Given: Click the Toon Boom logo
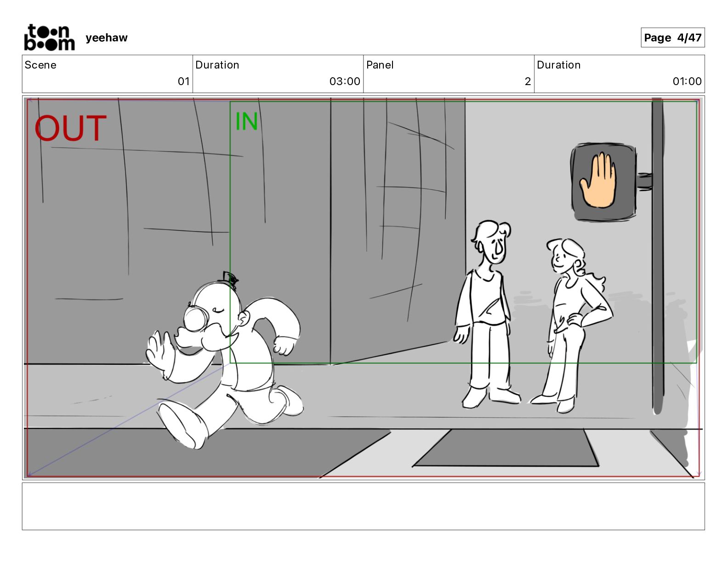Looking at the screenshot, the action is (49, 37).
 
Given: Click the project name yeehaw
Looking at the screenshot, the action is (107, 38).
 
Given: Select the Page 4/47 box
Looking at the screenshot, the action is (672, 38).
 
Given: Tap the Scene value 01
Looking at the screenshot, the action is (183, 81).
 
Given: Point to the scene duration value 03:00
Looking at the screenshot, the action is (345, 81).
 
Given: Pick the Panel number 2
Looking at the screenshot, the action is (528, 81).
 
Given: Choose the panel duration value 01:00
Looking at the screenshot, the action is (687, 81).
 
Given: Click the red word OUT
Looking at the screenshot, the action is (70, 128).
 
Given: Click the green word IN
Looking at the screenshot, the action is (247, 121).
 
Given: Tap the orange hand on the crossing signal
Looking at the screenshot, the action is (598, 180).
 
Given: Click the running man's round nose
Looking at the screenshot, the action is (195, 319).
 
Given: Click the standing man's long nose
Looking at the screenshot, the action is (499, 248).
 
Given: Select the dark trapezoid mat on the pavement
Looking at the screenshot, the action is (506, 448).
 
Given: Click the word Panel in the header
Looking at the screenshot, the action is (380, 65).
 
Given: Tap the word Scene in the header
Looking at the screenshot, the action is (40, 65).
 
